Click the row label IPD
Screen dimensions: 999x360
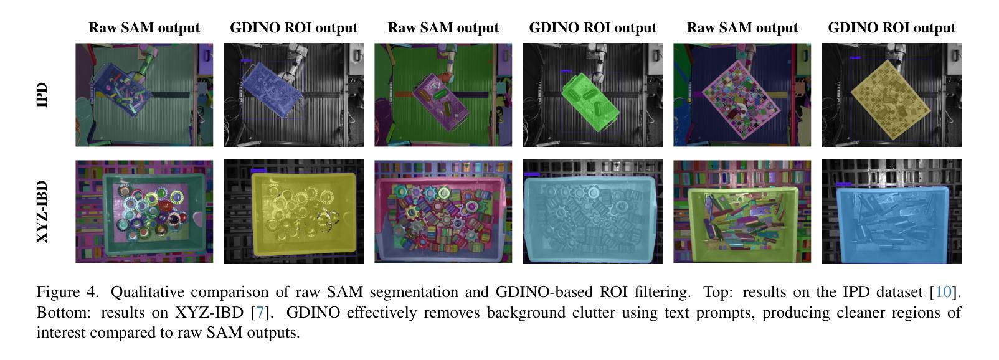tap(42, 95)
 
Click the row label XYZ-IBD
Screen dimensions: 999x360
tap(42, 212)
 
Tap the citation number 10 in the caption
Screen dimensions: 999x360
tap(944, 292)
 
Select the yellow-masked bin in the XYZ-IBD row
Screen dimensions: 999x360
tap(303, 212)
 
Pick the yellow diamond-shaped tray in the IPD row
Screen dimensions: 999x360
tap(891, 97)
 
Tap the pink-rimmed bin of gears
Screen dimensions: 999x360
tap(442, 215)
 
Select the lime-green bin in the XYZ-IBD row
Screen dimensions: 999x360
tap(741, 215)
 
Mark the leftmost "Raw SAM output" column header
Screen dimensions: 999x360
tap(144, 28)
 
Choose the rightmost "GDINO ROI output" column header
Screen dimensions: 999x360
tap(891, 28)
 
